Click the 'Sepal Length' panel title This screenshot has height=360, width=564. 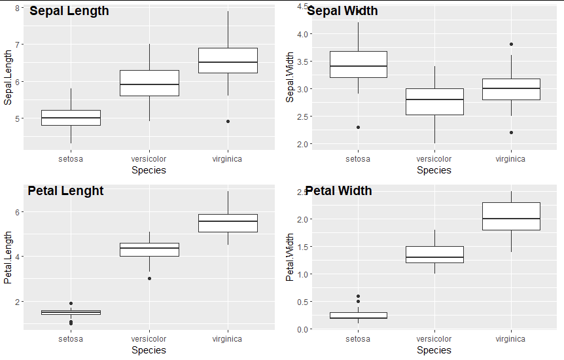[69, 11]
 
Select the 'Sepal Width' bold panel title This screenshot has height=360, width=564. [342, 11]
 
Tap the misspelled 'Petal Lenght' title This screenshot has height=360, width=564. [65, 191]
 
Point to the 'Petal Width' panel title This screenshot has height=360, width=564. [338, 191]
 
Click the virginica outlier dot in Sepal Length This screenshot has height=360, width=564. [228, 121]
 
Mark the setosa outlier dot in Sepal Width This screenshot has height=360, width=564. [358, 127]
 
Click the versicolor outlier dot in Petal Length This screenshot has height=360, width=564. [149, 278]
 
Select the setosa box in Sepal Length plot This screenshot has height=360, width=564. [71, 117]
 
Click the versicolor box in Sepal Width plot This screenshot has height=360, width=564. [434, 101]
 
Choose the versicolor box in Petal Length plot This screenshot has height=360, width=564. [149, 249]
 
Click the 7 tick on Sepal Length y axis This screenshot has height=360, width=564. [16, 45]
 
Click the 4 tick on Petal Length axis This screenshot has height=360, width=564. [16, 257]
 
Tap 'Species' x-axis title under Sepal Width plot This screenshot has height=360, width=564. [434, 170]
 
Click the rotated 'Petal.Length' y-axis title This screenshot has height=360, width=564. [8, 257]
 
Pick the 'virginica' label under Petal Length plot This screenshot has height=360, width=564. [227, 339]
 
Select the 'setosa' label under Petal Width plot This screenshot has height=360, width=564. [358, 339]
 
